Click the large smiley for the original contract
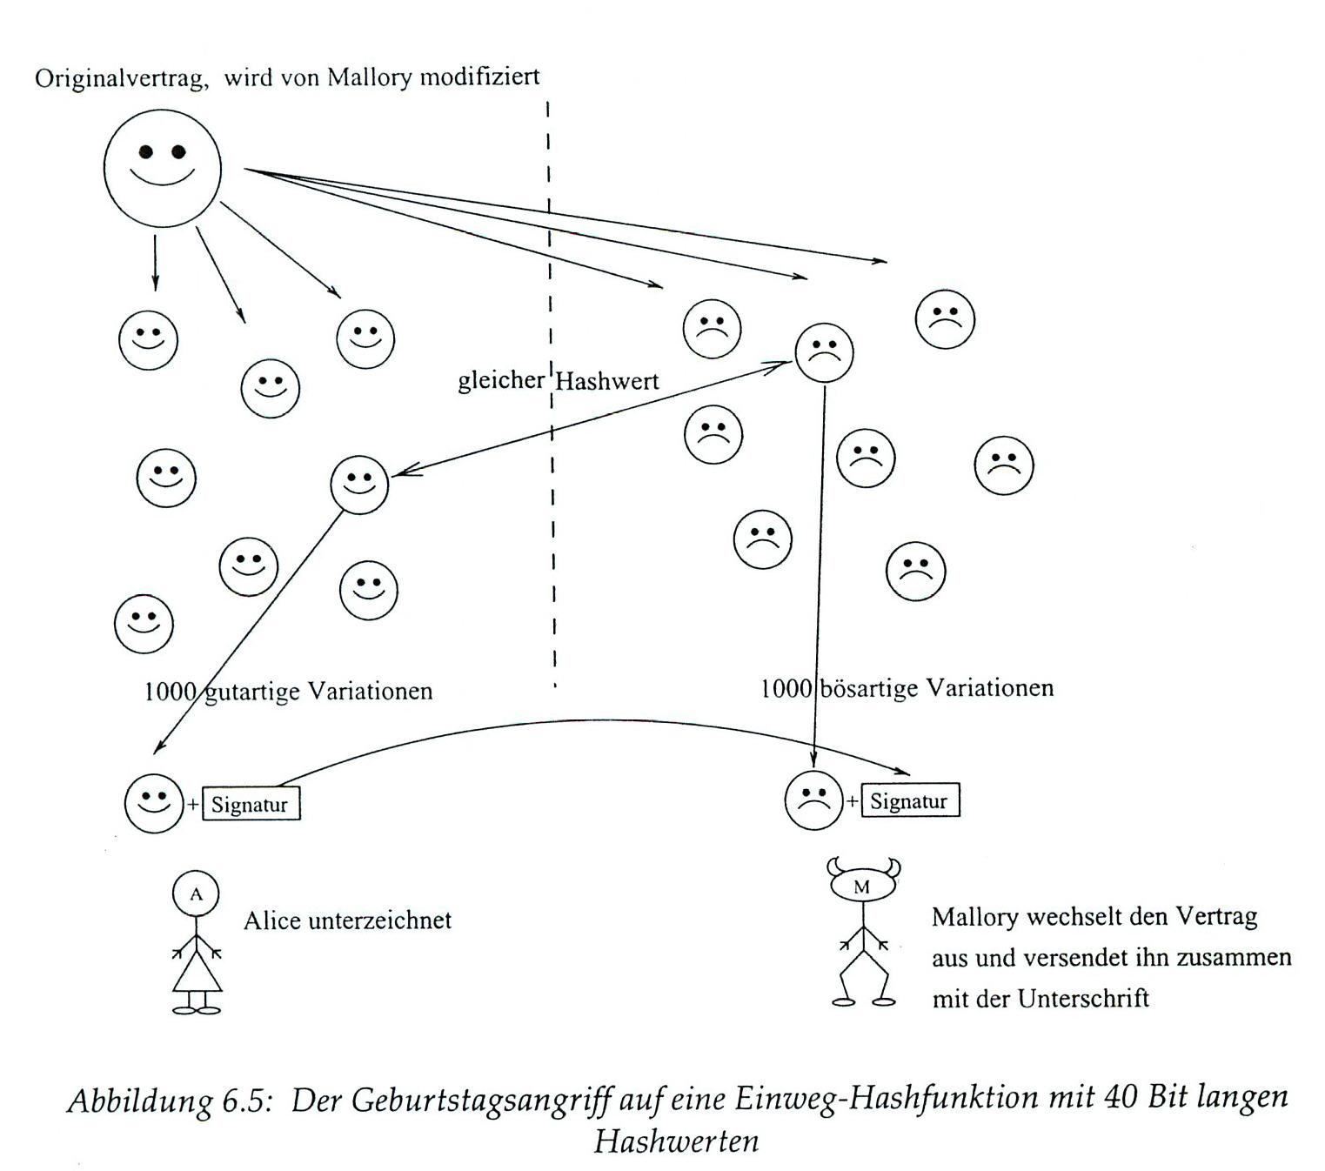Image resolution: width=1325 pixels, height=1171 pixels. pyautogui.click(x=163, y=168)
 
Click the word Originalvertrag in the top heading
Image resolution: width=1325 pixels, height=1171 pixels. pyautogui.click(x=120, y=78)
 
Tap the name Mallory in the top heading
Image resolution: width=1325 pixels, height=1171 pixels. pyautogui.click(x=368, y=77)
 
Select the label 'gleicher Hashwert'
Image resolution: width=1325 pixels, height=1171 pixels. pyautogui.click(x=558, y=380)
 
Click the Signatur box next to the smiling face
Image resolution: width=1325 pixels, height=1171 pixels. pyautogui.click(x=251, y=804)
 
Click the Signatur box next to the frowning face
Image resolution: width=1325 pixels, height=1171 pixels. pyautogui.click(x=910, y=800)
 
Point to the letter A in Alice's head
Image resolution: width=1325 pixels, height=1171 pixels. pyautogui.click(x=196, y=893)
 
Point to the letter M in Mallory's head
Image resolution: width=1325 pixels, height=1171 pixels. pyautogui.click(x=862, y=887)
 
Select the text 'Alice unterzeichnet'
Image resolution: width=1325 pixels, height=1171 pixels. pyautogui.click(x=347, y=920)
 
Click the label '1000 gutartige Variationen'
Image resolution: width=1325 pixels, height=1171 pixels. pyautogui.click(x=288, y=692)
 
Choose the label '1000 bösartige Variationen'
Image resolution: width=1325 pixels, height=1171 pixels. pyautogui.click(x=907, y=688)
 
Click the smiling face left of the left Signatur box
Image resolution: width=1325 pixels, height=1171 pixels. pyautogui.click(x=154, y=803)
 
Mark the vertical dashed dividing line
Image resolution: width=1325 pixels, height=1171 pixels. pyautogui.click(x=552, y=522)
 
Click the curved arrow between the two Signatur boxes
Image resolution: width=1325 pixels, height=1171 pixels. pyautogui.click(x=592, y=721)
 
